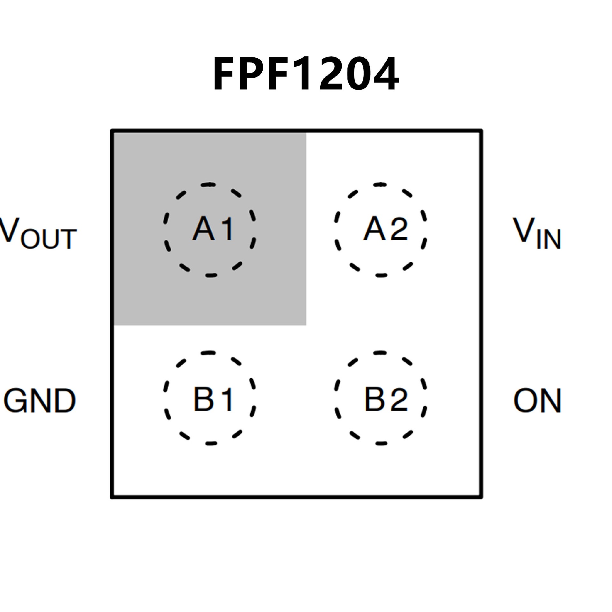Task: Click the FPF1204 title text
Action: click(306, 74)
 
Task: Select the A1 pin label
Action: click(213, 228)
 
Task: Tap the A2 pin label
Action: click(386, 228)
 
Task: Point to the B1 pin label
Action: click(213, 399)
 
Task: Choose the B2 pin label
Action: click(386, 399)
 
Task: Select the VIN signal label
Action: click(537, 233)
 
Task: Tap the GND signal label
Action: click(40, 400)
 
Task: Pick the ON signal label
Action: click(537, 400)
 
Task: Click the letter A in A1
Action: click(203, 228)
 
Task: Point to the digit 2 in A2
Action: click(399, 229)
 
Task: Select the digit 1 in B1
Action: click(227, 399)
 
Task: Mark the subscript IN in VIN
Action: click(549, 239)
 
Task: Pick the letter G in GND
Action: click(15, 400)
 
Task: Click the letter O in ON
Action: click(524, 400)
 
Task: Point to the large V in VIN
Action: click(524, 229)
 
